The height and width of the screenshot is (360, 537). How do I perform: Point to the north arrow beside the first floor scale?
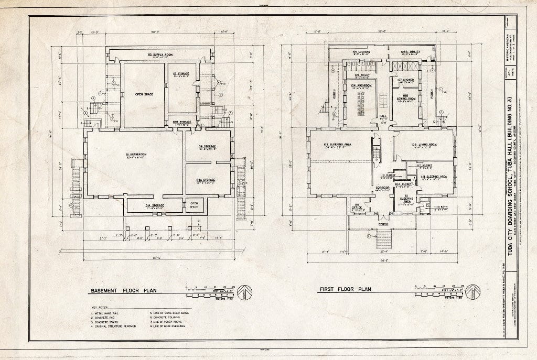coord(473,290)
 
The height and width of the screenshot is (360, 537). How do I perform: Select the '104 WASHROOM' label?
coord(361,85)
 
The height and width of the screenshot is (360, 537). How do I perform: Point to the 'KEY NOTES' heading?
coord(99,308)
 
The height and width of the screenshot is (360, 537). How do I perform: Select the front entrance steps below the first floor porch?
coord(384,240)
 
